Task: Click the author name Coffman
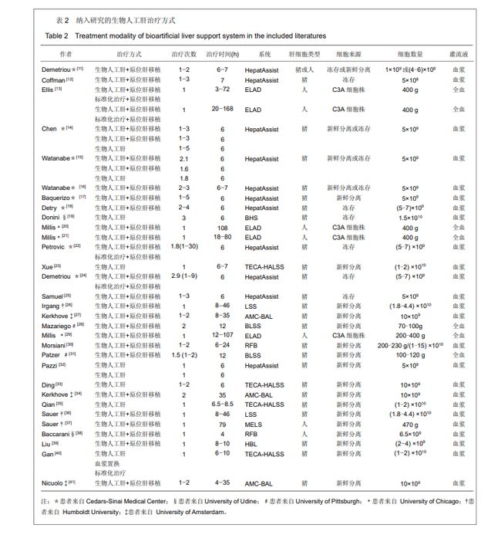click(52, 80)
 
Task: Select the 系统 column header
click(265, 56)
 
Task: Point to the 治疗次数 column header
click(184, 56)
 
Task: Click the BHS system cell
click(253, 218)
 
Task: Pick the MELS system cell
click(254, 424)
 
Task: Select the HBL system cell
click(253, 444)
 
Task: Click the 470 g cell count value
click(410, 424)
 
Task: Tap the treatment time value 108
click(222, 228)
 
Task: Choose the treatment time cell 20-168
click(222, 110)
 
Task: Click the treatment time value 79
click(222, 424)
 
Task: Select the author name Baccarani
click(55, 434)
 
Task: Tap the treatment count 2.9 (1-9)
click(184, 276)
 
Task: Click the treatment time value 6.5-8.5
click(222, 404)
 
